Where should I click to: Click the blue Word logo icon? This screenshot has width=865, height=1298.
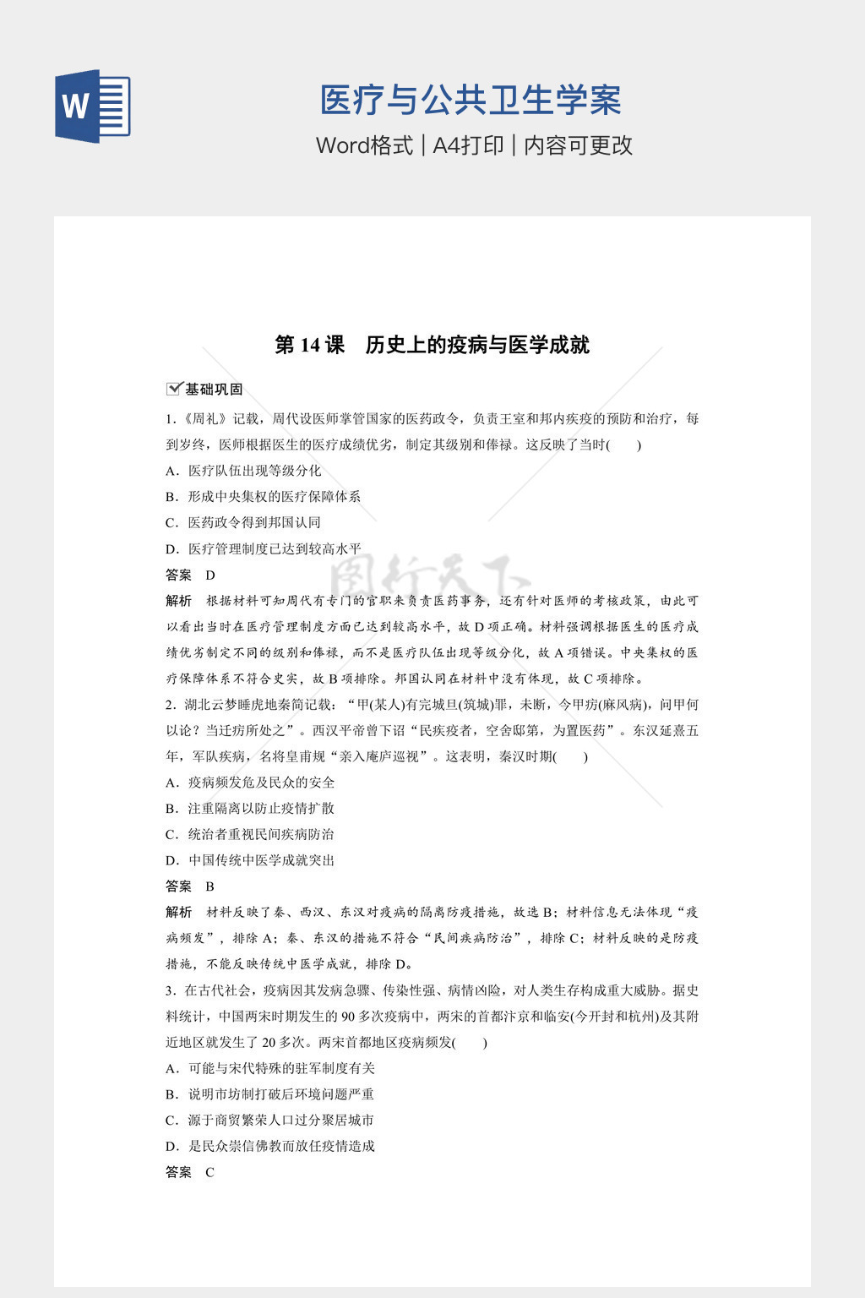coord(92,106)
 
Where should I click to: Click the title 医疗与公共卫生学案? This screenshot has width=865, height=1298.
coord(471,101)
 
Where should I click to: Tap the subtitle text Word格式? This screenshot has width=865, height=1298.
coord(364,145)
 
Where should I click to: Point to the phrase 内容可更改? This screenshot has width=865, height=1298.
coord(578,145)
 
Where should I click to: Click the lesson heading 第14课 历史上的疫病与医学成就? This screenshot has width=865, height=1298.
coord(432,345)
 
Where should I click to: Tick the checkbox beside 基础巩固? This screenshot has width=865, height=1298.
coord(174,389)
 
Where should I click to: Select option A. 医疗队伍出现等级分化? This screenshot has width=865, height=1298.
coord(243,471)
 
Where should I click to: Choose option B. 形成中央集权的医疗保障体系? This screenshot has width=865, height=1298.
coord(264,497)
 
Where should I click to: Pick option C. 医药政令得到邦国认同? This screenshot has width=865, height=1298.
coord(243,523)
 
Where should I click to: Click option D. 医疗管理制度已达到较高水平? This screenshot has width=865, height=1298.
coord(264,549)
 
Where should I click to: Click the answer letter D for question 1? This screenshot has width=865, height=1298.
coord(210,575)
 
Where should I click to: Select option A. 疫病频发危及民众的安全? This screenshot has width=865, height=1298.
coord(250,783)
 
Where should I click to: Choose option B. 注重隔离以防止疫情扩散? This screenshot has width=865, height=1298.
coord(250,809)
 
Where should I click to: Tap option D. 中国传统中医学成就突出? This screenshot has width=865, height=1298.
coord(250,860)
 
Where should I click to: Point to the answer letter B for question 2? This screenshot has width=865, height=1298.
coord(210,886)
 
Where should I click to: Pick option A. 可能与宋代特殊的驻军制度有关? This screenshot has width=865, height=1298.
coord(270,1068)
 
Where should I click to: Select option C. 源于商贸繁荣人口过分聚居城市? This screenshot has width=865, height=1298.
coord(270,1121)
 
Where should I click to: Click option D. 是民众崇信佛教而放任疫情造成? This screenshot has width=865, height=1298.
coord(270,1147)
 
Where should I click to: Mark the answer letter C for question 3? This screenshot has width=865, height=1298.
coord(210,1173)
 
